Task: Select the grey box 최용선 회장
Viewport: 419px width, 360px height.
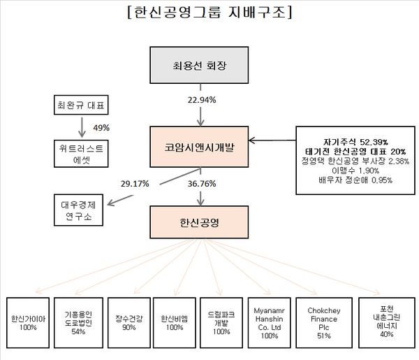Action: [200, 67]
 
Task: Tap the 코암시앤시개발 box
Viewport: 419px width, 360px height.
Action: [200, 145]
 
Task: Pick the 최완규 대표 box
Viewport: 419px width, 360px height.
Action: [82, 107]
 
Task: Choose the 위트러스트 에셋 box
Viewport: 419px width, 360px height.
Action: [82, 154]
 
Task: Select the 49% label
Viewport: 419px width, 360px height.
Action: [101, 128]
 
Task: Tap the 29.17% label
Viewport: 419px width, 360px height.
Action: [135, 185]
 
